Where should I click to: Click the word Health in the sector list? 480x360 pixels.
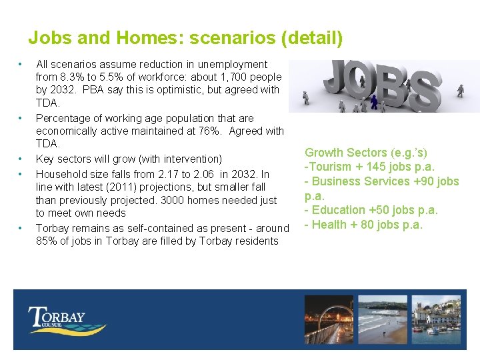point(329,225)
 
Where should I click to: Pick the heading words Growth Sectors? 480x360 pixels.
point(346,153)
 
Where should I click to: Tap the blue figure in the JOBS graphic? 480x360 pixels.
point(375,101)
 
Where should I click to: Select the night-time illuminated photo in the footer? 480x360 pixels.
point(329,319)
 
